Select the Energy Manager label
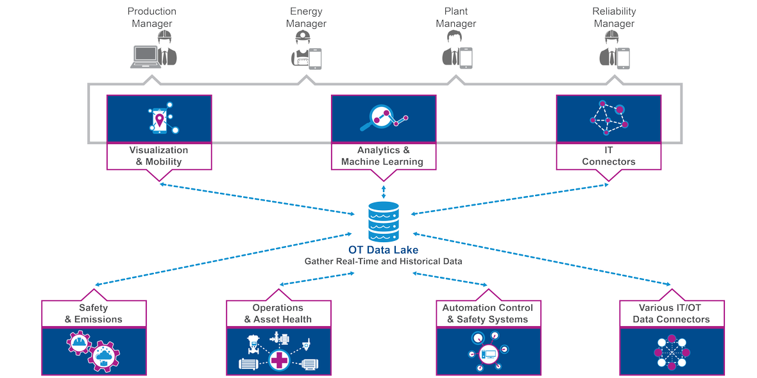tap(306, 18)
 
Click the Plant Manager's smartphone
tap(466, 58)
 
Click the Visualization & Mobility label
tap(158, 156)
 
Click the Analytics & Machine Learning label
tap(383, 156)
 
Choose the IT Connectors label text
tap(608, 156)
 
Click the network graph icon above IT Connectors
tap(608, 118)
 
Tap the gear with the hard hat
tap(80, 343)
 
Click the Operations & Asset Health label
tap(278, 313)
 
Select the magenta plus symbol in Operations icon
tap(279, 360)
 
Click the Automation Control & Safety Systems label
tap(488, 313)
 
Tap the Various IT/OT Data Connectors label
tap(671, 313)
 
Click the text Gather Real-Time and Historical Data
tap(383, 261)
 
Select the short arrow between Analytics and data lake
tap(384, 192)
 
